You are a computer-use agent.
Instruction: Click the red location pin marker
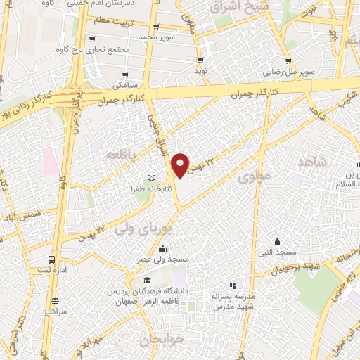pyautogui.click(x=181, y=165)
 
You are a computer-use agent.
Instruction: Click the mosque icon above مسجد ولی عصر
pyautogui.click(x=163, y=247)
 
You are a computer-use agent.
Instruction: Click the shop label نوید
pyautogui.click(x=201, y=72)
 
